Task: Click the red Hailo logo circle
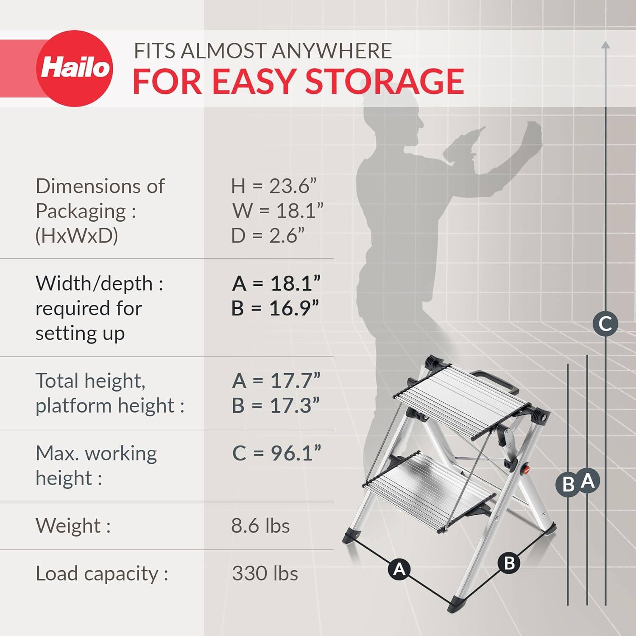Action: (x=75, y=68)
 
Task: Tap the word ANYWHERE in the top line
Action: (x=331, y=51)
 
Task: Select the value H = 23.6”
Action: (x=274, y=186)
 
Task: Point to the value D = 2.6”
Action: (x=268, y=236)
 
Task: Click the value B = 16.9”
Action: (x=275, y=308)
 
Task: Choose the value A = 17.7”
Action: (x=276, y=381)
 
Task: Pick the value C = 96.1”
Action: (x=276, y=453)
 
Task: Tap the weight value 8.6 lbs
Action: (x=260, y=526)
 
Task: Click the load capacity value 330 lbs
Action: (x=265, y=574)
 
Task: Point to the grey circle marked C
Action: (x=605, y=324)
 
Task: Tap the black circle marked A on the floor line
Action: (x=399, y=568)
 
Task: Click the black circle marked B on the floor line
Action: (x=509, y=563)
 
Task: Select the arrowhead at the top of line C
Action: (x=605, y=45)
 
